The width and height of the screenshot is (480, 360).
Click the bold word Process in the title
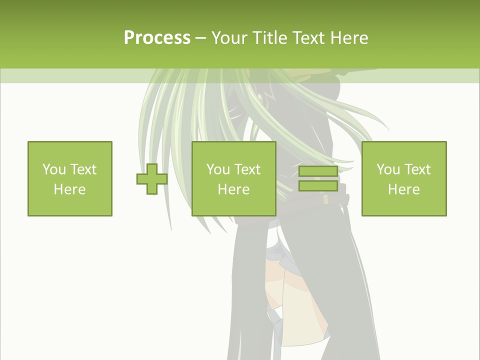[x=157, y=37]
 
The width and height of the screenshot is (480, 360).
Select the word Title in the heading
[x=272, y=38]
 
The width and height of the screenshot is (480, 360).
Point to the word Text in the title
[x=310, y=38]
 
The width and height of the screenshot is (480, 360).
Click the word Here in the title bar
[x=349, y=38]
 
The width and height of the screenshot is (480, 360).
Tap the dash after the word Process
[x=200, y=38]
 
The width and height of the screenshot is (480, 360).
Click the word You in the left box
[x=53, y=169]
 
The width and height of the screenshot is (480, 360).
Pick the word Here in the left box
[x=69, y=189]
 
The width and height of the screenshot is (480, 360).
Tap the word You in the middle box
[x=218, y=169]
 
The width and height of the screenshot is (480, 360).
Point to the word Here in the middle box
[x=233, y=189]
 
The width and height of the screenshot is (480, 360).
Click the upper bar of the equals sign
[x=318, y=172]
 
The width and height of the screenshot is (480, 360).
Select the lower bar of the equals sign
[x=318, y=186]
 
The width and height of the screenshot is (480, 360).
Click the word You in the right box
[x=388, y=169]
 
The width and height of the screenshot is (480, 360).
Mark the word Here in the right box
[x=403, y=189]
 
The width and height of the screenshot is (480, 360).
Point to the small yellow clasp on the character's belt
[x=325, y=199]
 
